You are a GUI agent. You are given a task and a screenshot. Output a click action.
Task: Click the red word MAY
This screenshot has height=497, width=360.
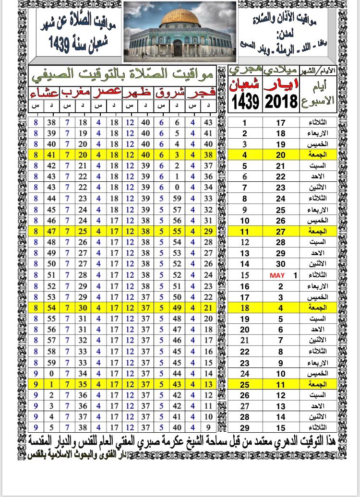coord(277,275)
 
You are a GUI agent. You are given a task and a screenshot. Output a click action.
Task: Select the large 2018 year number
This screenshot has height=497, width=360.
coord(280,101)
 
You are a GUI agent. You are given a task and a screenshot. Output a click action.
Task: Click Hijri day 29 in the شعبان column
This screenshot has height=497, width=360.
coord(244,428)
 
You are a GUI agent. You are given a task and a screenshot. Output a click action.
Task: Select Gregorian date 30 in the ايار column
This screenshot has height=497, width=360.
coord(281,264)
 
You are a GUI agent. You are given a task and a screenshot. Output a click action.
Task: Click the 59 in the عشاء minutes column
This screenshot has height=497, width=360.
coord(52,362)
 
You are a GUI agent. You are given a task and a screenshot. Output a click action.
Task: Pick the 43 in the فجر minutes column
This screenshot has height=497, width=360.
coord(208,122)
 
